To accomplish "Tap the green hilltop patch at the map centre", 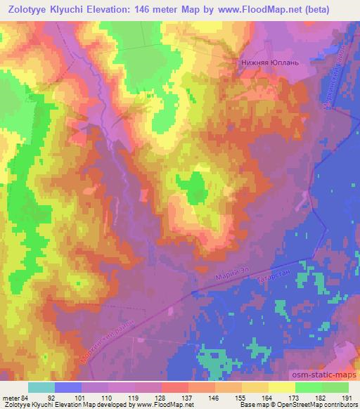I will (x=193, y=186).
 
